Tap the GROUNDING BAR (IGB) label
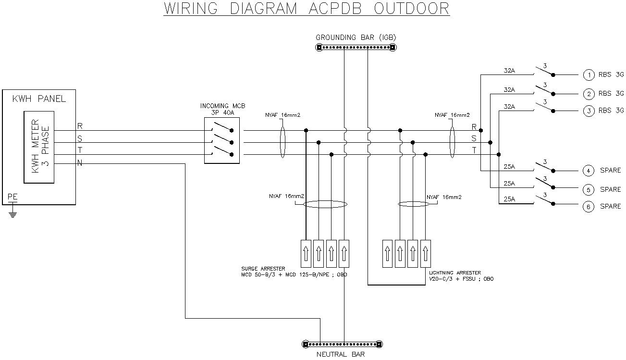pyautogui.click(x=356, y=37)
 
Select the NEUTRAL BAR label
pyautogui.click(x=341, y=355)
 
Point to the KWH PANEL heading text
pyautogui.click(x=39, y=99)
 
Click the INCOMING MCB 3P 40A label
pyautogui.click(x=222, y=109)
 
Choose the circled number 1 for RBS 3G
pyautogui.click(x=589, y=75)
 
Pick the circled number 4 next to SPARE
pyautogui.click(x=589, y=171)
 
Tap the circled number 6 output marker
pyautogui.click(x=589, y=207)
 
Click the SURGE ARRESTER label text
pyautogui.click(x=263, y=269)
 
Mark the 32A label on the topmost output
pyautogui.click(x=509, y=71)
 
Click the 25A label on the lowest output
pyautogui.click(x=509, y=199)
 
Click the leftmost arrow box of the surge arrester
pyautogui.click(x=306, y=253)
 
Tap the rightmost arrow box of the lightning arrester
pyautogui.click(x=425, y=253)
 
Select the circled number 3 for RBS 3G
pyautogui.click(x=589, y=111)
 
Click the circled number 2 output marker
pyautogui.click(x=589, y=94)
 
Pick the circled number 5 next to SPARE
pyautogui.click(x=589, y=189)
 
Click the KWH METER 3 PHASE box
pyautogui.click(x=39, y=148)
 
